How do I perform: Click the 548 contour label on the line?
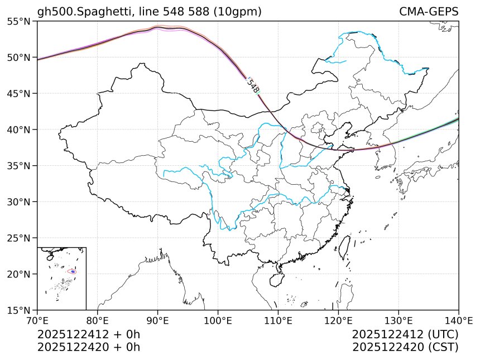coord(252,85)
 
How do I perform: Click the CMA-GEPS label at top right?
coord(429,12)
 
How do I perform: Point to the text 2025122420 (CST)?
coord(405,347)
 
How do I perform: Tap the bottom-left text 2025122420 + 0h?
coord(88,347)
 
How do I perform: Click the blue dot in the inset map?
coord(73,272)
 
